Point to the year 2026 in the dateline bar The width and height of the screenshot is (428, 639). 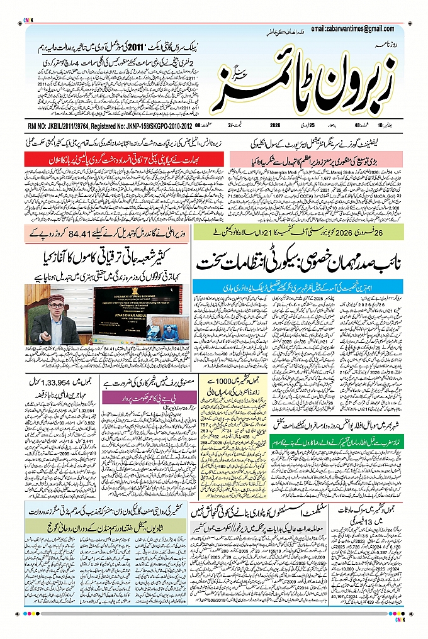pos(275,126)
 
